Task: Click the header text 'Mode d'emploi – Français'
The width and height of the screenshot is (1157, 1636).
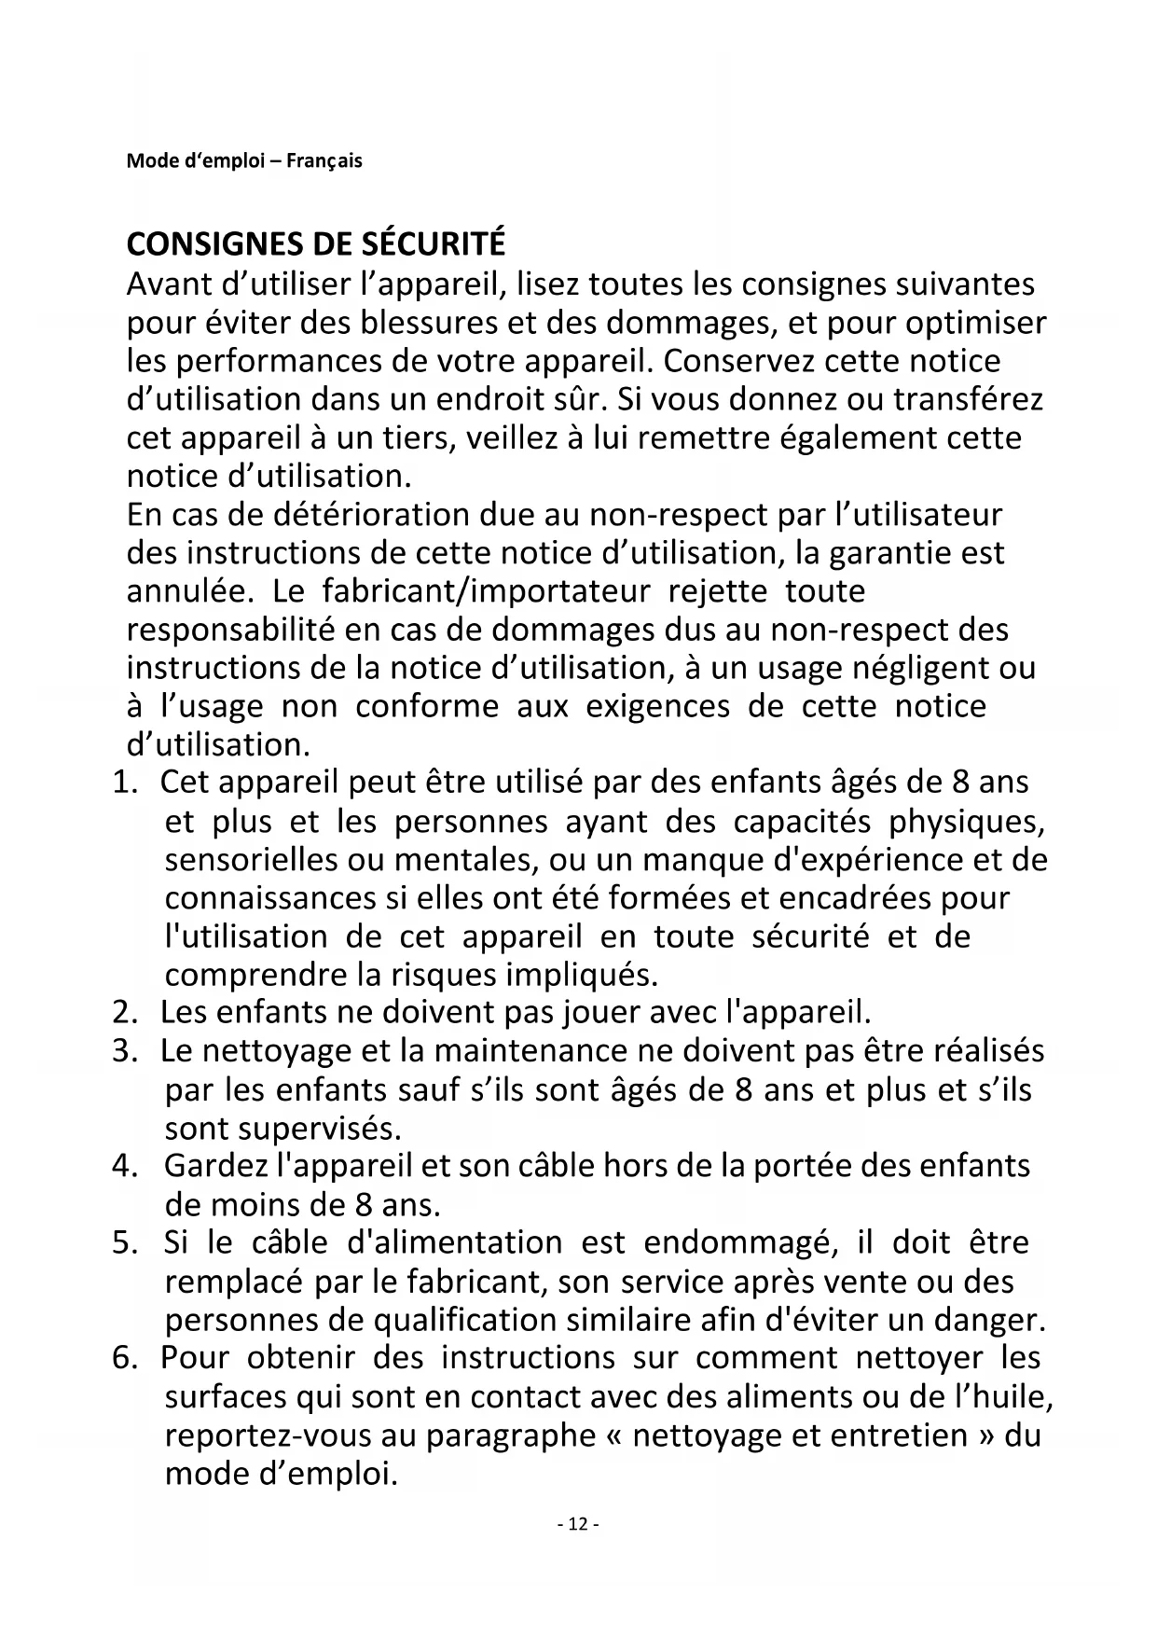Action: [244, 160]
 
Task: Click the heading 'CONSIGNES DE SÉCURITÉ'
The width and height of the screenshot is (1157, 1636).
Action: [315, 244]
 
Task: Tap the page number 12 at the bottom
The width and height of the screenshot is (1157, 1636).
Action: [578, 1524]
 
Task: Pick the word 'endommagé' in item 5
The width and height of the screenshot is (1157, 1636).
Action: [736, 1243]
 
